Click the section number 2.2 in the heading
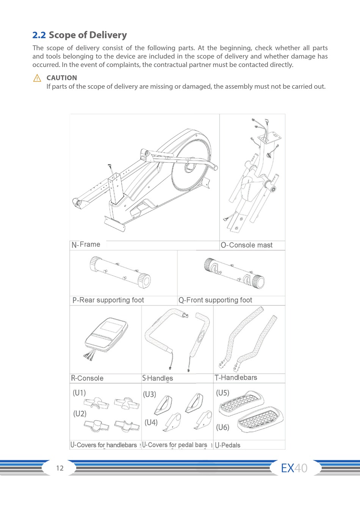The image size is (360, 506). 39,35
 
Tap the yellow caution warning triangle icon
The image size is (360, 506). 37,78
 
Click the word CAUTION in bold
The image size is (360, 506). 61,78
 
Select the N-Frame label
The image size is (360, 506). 86,245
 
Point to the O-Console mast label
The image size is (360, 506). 246,245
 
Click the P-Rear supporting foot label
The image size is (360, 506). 108,300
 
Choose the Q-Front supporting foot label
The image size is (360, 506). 215,300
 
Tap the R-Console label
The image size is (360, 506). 87,378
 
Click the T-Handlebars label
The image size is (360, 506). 236,378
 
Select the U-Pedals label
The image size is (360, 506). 227,445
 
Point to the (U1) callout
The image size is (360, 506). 79,393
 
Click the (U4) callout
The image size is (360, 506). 151,422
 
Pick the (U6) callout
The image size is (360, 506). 222,428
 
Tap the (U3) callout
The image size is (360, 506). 149,394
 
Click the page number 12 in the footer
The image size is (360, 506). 60,468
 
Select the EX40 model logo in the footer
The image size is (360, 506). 294,468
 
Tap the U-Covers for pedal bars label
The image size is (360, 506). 175,445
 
